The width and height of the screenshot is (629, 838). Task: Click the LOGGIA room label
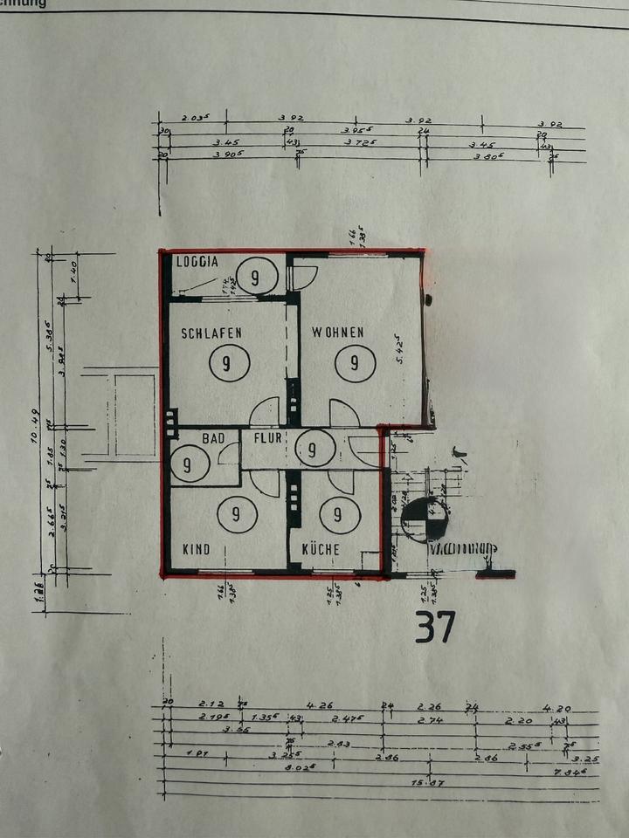pyautogui.click(x=197, y=261)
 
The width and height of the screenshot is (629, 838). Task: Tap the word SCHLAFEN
pyautogui.click(x=211, y=333)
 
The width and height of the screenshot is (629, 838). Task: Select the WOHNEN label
pyautogui.click(x=338, y=333)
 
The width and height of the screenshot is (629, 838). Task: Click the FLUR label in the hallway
pyautogui.click(x=267, y=437)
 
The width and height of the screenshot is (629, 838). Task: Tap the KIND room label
pyautogui.click(x=196, y=550)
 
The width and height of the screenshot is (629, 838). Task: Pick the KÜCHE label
pyautogui.click(x=321, y=550)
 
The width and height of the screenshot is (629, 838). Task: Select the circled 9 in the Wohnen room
pyautogui.click(x=355, y=363)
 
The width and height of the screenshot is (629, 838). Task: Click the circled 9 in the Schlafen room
pyautogui.click(x=226, y=363)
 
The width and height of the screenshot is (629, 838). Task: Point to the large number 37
pyautogui.click(x=434, y=626)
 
